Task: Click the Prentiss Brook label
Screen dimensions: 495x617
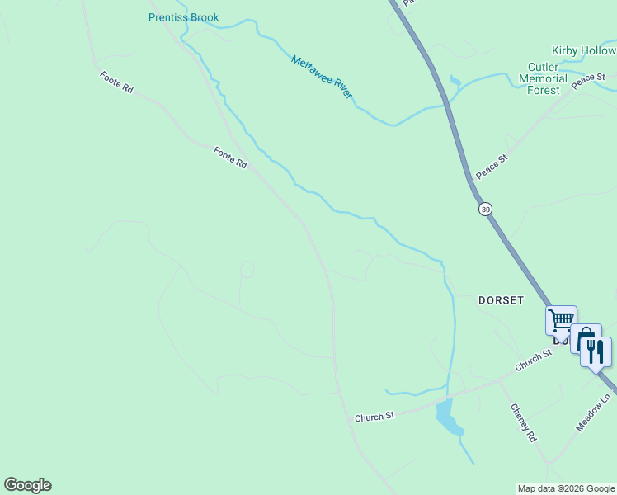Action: coord(183,17)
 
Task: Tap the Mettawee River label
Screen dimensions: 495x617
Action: coord(321,77)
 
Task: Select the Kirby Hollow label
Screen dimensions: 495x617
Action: coord(584,51)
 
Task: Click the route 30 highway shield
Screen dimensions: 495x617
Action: coord(485,210)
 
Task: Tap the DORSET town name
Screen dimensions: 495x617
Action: coord(501,300)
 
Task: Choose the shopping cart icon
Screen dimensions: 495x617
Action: coord(561,319)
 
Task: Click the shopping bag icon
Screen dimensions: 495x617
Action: coord(585,338)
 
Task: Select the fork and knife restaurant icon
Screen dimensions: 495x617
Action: coord(596,351)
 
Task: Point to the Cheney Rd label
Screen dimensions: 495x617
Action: coord(523,422)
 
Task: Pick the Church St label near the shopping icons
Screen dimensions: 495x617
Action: coord(533,360)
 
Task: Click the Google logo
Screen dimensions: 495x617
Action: coord(27,485)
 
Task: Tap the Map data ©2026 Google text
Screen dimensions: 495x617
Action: coord(566,488)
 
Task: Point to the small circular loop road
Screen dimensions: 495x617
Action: coord(247,269)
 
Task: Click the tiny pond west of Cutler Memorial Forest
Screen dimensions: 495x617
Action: coord(454,81)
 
